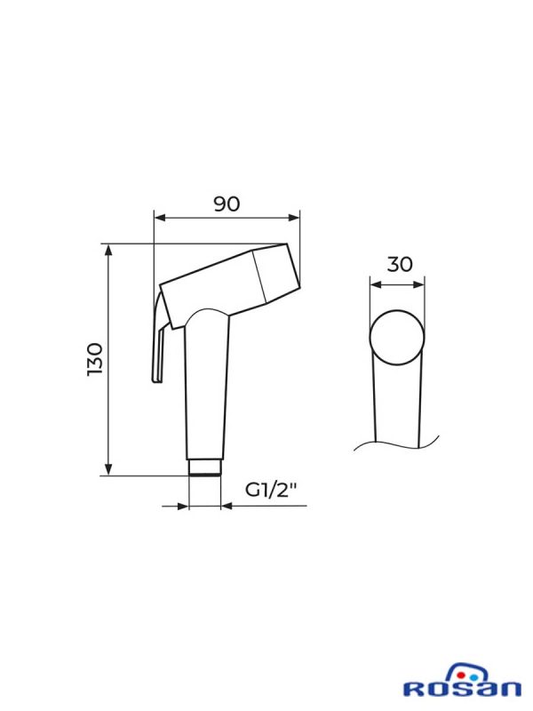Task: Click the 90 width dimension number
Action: [227, 204]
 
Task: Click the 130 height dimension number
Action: [95, 359]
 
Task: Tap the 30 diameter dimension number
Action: [400, 264]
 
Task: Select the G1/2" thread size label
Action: [271, 490]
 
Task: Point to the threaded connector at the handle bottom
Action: [204, 467]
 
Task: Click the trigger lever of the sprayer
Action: [160, 339]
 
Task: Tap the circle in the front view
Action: [397, 337]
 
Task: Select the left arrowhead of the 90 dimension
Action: [160, 218]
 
